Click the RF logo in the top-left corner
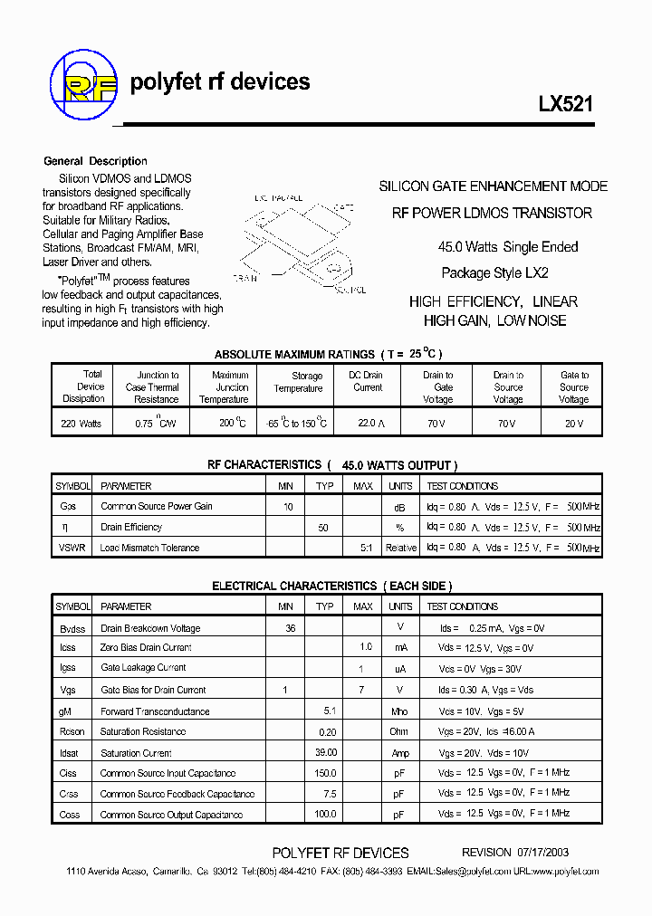tap(83, 84)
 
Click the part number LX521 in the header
tap(566, 104)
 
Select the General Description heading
tap(95, 161)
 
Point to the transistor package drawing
tap(300, 240)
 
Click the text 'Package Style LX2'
tap(494, 272)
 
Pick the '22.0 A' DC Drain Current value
tap(367, 424)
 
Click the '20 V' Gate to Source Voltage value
tap(573, 424)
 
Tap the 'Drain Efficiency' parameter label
tap(131, 527)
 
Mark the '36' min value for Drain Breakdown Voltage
tap(290, 628)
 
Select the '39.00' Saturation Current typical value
tap(325, 752)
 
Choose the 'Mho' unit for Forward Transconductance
tap(399, 711)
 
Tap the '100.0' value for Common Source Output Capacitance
tap(325, 815)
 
